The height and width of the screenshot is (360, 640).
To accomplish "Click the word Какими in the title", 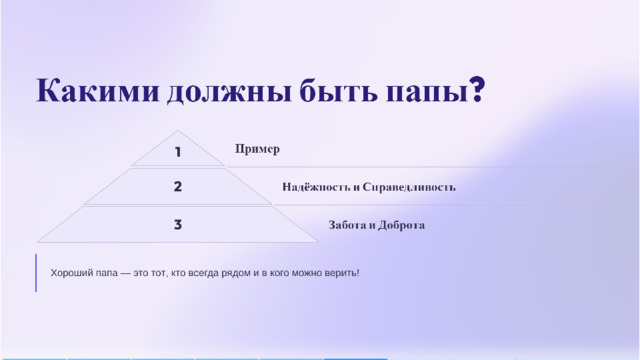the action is tap(98, 91).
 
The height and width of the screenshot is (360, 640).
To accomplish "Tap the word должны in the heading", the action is tap(229, 92).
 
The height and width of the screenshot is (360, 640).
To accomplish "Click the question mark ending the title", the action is tap(477, 89).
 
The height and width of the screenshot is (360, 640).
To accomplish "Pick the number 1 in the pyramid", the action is tap(178, 152).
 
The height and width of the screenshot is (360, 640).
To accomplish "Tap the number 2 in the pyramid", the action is tap(178, 187).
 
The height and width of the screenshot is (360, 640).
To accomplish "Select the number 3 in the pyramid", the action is tap(178, 224).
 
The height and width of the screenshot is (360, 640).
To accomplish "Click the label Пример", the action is tap(257, 149).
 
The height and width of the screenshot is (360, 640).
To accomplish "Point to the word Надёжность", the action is tap(316, 187).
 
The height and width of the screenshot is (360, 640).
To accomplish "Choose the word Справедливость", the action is tap(409, 187).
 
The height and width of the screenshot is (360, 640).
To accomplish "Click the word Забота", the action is tap(347, 225).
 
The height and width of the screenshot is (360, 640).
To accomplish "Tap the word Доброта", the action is tap(401, 225).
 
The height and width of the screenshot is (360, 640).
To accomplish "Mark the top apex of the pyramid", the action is tap(178, 131).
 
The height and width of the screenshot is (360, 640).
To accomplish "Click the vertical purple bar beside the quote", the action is tap(36, 273).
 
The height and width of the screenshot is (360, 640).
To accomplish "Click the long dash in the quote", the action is tap(125, 273).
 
